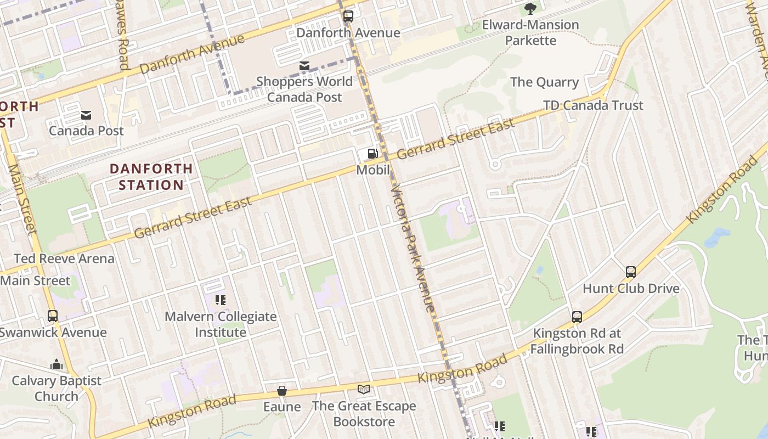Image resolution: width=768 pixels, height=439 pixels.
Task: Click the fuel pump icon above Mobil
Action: point(372,154)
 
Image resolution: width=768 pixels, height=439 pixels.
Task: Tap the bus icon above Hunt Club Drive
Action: point(631,272)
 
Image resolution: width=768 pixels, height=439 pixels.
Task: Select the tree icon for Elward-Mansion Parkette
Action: point(530,8)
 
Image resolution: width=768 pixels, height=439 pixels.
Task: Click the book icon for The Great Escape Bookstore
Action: point(364,390)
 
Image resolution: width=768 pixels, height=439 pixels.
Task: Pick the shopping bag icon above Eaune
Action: point(282,391)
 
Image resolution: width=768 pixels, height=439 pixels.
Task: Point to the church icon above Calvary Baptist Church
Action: point(57,364)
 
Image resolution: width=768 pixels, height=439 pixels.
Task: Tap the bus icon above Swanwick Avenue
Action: point(53,316)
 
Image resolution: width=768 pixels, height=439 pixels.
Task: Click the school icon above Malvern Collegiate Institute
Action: point(221,300)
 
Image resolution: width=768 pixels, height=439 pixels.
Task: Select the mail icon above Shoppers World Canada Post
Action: point(304,66)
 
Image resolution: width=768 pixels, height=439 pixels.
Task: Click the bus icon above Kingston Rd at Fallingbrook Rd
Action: point(577,317)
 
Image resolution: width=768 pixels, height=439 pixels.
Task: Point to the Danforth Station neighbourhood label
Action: point(151,177)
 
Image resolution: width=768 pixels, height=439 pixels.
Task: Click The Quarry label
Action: point(544,82)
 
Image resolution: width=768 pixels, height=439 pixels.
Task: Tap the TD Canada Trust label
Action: point(593,105)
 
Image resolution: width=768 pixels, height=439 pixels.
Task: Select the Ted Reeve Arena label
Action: point(64,258)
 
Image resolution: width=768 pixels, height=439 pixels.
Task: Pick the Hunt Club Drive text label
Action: point(631,289)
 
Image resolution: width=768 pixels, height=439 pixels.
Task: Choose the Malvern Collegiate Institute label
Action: point(221,324)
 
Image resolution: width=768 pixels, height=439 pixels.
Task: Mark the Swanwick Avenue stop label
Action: point(53,333)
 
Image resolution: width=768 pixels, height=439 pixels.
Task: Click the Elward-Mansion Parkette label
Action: point(530,32)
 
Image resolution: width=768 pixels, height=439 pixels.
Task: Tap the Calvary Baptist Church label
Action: point(57,389)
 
